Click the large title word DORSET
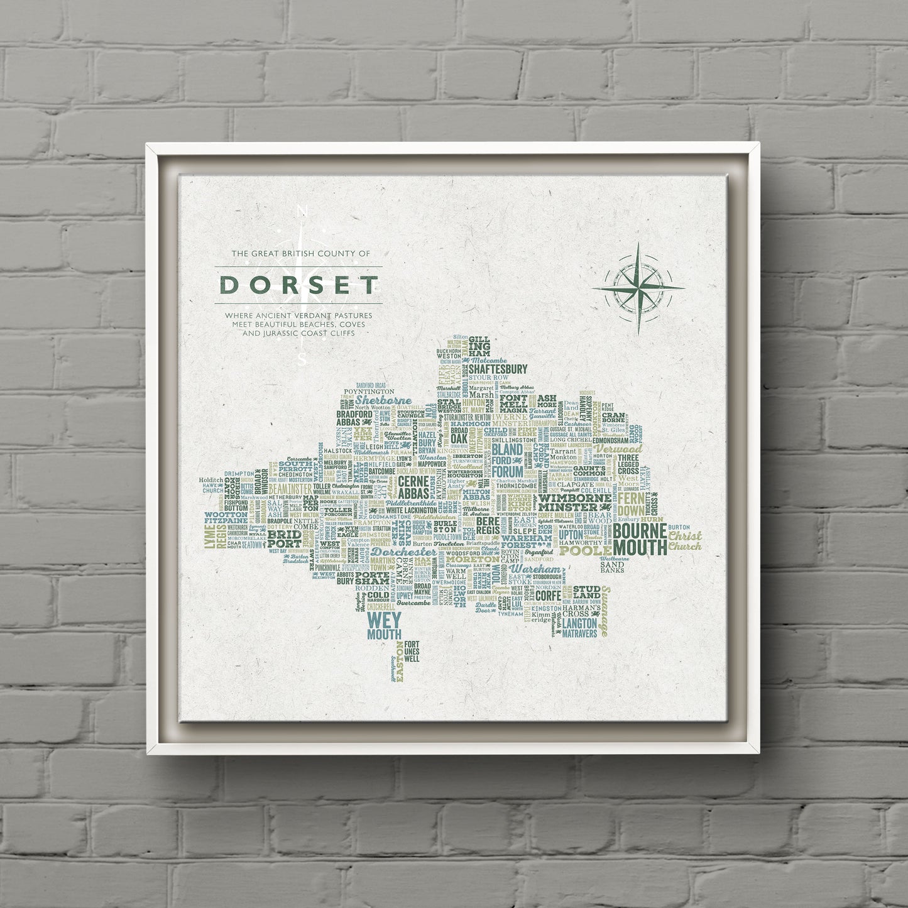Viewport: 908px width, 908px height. point(298,285)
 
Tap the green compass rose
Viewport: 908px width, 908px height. point(638,288)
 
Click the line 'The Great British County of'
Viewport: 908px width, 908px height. point(301,254)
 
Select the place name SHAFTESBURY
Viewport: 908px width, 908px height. point(498,369)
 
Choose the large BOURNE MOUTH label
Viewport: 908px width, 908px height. point(640,539)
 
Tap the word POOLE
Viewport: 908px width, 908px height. point(585,551)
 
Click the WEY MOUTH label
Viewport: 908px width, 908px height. point(384,626)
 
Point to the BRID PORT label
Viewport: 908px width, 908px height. point(284,539)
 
